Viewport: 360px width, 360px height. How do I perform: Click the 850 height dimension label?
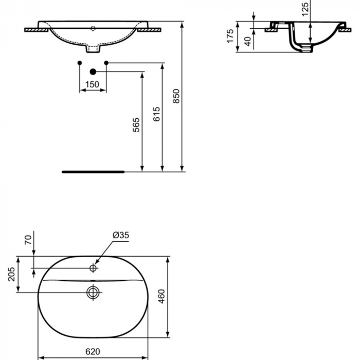(176, 97)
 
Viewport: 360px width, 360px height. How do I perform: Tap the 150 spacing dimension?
(92, 84)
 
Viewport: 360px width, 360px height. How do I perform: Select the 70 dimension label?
(28, 238)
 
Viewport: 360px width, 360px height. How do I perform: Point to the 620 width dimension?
(92, 352)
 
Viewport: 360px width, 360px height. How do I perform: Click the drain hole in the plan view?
(93, 292)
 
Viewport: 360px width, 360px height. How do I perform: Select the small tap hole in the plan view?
(93, 268)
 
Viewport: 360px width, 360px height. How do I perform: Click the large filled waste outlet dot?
(93, 71)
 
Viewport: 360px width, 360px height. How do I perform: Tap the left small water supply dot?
(79, 63)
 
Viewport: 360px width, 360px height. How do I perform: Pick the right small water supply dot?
(106, 63)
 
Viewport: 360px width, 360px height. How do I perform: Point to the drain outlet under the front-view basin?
(93, 50)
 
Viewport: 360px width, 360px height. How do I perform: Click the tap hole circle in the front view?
(93, 27)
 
